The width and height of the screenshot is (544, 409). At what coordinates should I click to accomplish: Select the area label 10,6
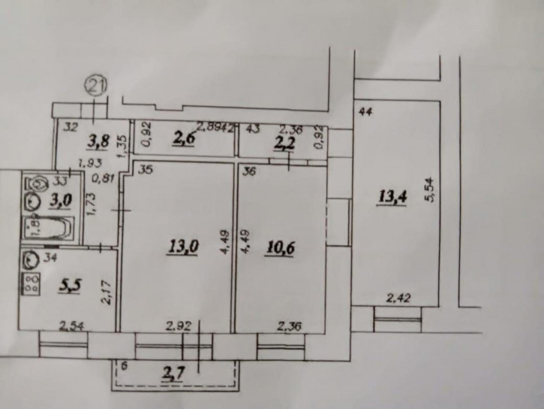[x=281, y=247]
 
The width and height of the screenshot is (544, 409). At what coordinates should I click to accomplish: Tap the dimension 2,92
[x=178, y=327]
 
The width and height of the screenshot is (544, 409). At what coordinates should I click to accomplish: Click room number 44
[x=366, y=113]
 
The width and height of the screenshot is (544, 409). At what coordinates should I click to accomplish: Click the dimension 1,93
[x=92, y=163]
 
